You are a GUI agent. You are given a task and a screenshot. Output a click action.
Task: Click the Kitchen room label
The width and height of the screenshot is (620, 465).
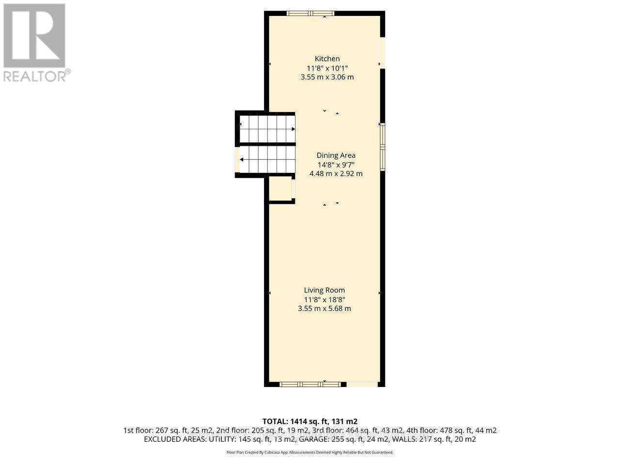click(x=327, y=59)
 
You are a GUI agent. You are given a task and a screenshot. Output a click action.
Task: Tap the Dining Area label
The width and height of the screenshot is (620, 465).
click(x=336, y=155)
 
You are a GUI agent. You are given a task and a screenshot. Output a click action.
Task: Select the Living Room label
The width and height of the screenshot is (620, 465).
click(x=324, y=290)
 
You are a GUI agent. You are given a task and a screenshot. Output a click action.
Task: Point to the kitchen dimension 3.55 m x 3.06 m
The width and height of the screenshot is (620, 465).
click(x=327, y=77)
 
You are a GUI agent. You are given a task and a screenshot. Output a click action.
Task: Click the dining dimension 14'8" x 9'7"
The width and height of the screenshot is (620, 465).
click(x=336, y=165)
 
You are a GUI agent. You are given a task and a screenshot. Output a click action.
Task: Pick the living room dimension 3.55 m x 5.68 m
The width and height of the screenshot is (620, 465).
click(x=324, y=309)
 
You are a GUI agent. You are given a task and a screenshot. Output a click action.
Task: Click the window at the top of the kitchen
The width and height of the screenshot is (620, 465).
click(x=310, y=14)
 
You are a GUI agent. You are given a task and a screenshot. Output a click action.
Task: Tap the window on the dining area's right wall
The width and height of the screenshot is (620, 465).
click(x=382, y=146)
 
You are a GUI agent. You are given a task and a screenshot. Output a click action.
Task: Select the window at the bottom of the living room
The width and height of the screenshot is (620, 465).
click(x=310, y=384)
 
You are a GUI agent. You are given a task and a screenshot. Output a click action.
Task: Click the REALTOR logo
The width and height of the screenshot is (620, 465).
click(x=35, y=42)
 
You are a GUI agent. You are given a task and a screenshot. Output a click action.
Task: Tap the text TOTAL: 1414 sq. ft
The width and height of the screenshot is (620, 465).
click(x=310, y=421)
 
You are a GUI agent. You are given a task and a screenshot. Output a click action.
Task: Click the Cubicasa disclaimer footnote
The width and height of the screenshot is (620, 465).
click(x=310, y=452)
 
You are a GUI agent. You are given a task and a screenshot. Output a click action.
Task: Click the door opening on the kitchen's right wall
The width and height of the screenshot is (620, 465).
click(x=382, y=52)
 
